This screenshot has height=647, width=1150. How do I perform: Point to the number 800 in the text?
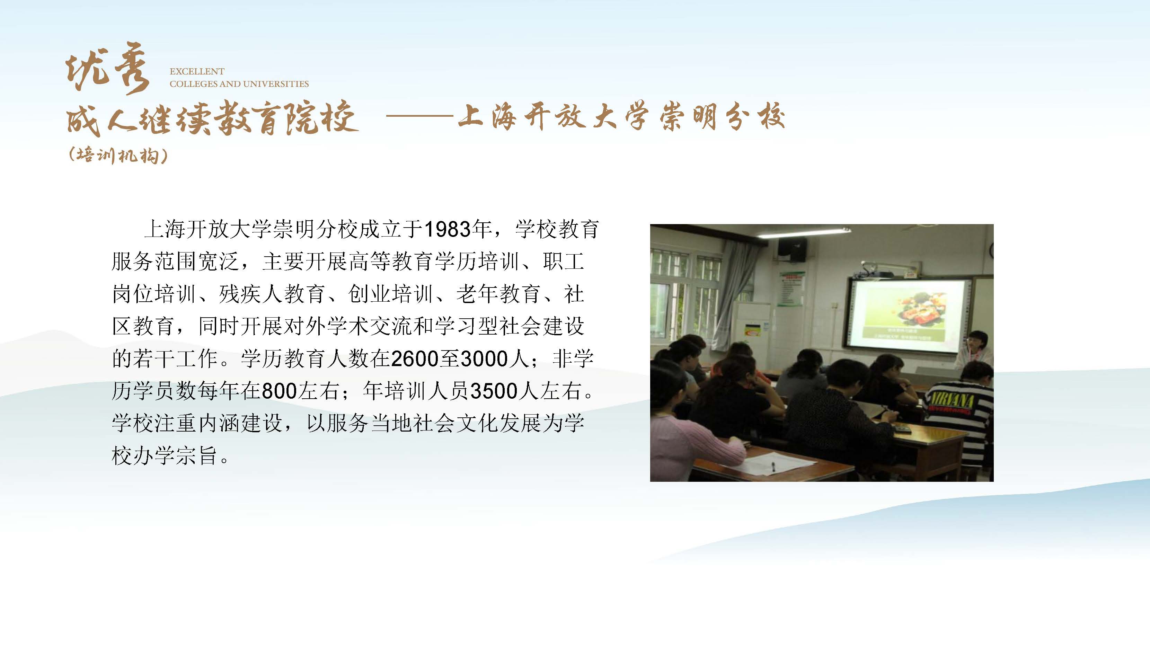279,391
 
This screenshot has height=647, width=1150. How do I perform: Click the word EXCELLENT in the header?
197,71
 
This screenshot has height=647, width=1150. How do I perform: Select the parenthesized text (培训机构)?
118,156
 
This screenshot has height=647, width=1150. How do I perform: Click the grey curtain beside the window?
739,286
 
